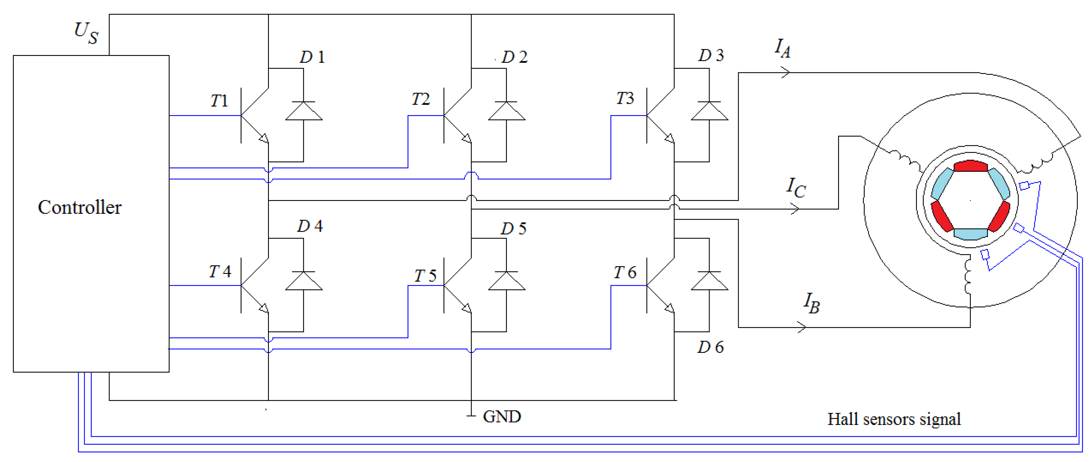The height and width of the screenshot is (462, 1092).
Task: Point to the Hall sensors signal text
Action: pos(893,420)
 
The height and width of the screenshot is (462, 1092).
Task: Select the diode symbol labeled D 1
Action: pos(304,111)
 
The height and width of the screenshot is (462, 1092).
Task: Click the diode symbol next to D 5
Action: pos(507,281)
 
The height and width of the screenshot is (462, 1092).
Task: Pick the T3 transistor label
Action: pos(625,99)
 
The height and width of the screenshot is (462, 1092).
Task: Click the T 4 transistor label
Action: pos(220,272)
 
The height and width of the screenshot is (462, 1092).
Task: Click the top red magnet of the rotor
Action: pos(970,166)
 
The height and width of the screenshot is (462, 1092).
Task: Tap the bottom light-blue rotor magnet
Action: pos(970,234)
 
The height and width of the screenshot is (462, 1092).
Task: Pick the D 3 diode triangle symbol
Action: pos(709,111)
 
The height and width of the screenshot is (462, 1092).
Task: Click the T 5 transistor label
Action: pos(425,276)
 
